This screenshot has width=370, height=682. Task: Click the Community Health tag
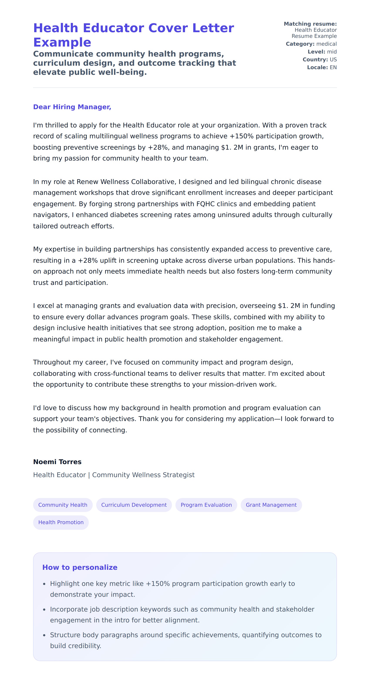coord(62,505)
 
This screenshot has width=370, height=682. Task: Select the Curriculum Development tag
coord(134,505)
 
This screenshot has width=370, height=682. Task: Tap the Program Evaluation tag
coord(206,505)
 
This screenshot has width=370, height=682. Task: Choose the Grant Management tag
coord(271,505)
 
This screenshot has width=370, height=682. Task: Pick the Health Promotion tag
coord(61,522)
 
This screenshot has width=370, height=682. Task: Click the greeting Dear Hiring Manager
coord(72,107)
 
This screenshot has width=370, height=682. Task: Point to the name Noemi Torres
coord(57,462)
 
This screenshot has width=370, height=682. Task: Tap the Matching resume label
coord(310,24)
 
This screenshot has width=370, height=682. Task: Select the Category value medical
coord(326,44)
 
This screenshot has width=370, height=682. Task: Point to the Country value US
coord(333,60)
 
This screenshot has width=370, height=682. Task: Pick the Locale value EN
coord(333,67)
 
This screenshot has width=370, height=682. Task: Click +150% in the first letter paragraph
coord(241,136)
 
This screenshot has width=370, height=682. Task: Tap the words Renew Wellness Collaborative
coord(126,182)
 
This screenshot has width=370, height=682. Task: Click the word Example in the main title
coord(62,42)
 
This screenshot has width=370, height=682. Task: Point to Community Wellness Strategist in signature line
coord(143,475)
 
